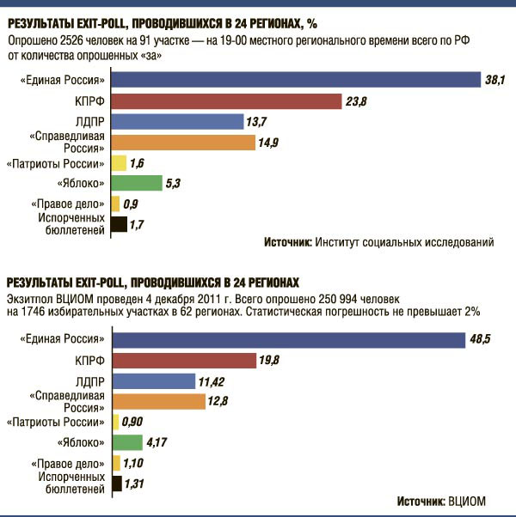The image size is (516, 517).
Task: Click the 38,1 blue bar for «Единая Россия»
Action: (x=295, y=80)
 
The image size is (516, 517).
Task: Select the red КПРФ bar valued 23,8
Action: (x=226, y=101)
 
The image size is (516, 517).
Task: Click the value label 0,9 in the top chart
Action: (x=132, y=204)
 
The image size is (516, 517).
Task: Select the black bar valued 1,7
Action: (x=119, y=225)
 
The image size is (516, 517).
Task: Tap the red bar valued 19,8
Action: (x=184, y=360)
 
